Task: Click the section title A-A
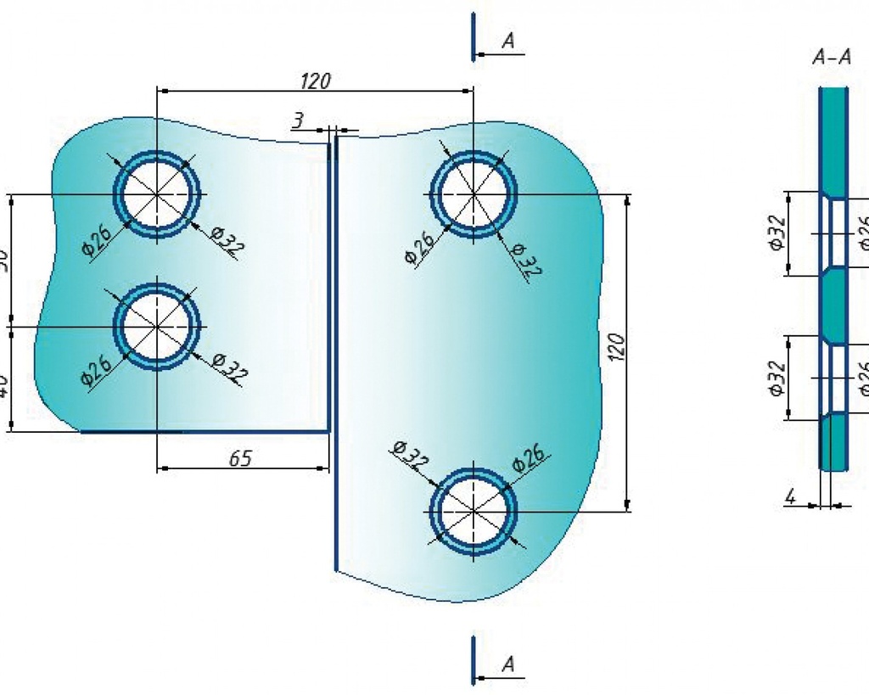(831, 58)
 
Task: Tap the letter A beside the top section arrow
(507, 40)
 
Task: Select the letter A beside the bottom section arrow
(507, 664)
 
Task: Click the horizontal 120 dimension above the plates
(315, 81)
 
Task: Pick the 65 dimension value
(241, 458)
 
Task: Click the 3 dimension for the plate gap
(297, 121)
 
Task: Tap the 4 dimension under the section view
(789, 497)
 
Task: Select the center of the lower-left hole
(158, 326)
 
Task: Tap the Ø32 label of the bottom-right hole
(410, 458)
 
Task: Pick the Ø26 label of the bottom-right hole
(529, 459)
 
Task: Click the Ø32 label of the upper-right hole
(526, 259)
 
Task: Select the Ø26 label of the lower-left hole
(97, 370)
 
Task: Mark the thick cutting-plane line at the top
(474, 36)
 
